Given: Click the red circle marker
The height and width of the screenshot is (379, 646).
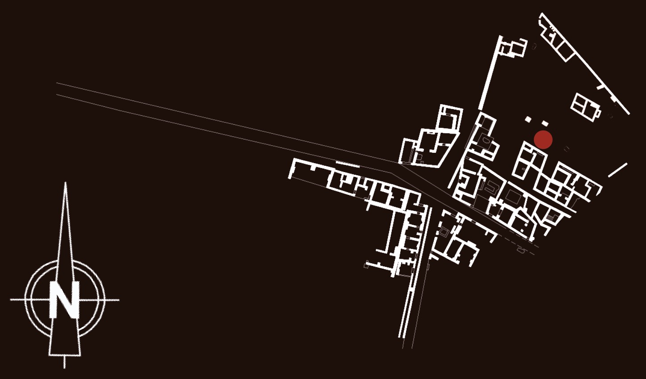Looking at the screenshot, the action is [x=543, y=139].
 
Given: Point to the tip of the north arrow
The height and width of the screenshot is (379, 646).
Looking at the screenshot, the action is [x=66, y=182].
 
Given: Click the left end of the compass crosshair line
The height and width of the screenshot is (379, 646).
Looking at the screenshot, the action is [x=11, y=300].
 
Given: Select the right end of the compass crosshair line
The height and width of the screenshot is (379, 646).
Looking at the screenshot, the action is [x=118, y=300].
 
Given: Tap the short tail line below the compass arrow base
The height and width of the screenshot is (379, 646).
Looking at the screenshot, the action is [x=64, y=362].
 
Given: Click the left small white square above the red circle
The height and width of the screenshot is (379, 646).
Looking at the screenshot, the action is [x=528, y=119].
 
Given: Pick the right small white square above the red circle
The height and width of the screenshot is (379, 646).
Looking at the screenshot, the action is [x=545, y=123].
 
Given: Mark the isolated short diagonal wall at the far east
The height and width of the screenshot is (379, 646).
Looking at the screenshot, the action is [x=618, y=170].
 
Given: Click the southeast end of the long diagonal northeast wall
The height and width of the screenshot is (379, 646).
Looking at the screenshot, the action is [x=629, y=114].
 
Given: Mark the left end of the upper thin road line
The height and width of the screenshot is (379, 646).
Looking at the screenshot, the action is [x=57, y=83].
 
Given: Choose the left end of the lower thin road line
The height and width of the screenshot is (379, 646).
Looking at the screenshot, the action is [x=57, y=95].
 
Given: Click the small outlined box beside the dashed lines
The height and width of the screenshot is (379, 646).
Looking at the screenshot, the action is [x=521, y=250].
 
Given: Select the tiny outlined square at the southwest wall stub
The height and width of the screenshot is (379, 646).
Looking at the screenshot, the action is [x=366, y=265].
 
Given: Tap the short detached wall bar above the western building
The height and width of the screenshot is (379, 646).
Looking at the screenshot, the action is [x=348, y=164].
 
